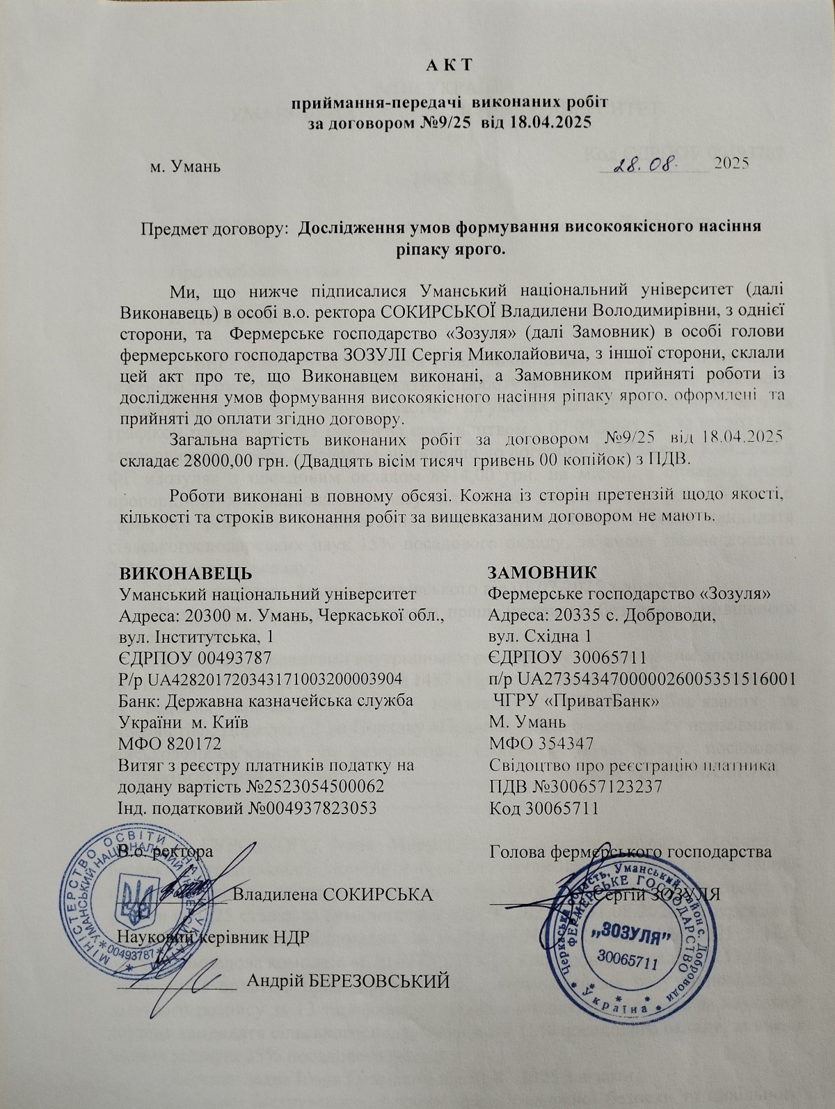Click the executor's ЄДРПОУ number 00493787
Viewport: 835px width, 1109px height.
pyautogui.click(x=234, y=657)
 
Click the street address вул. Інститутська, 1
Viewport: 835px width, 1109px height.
pyautogui.click(x=197, y=637)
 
